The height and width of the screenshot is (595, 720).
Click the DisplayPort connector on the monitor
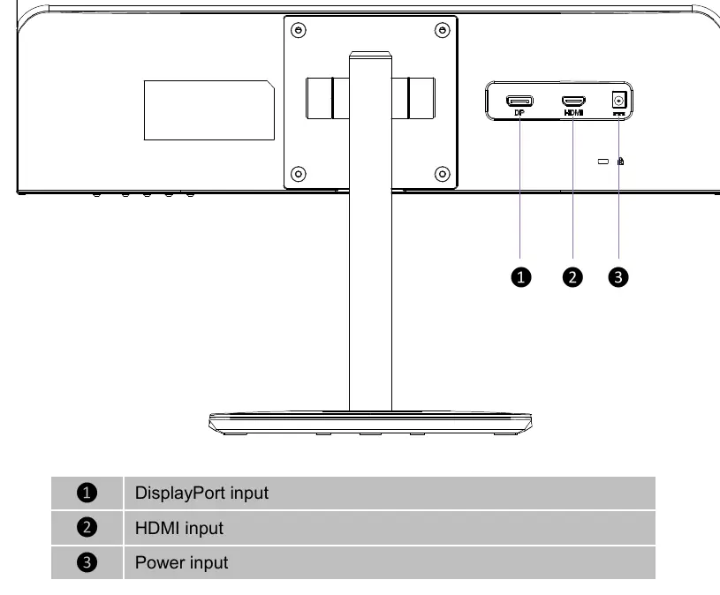coord(519,101)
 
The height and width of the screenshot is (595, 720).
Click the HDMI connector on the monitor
coord(573,101)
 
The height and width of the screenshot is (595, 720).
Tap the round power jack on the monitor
coord(619,100)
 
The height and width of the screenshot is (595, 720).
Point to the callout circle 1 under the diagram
coord(520,277)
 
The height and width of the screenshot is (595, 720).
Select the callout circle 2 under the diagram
coord(572,277)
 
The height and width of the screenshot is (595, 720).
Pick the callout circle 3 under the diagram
coord(618,277)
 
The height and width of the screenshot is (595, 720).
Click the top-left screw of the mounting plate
coord(299,30)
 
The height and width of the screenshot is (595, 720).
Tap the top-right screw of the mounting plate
coord(443,30)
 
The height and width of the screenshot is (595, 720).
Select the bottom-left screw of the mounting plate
coord(299,174)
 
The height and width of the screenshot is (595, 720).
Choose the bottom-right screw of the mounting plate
coord(443,174)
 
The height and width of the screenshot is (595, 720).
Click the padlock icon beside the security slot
coord(621,161)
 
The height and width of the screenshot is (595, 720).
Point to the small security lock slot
coord(603,162)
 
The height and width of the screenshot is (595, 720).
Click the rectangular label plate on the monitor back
coord(209,110)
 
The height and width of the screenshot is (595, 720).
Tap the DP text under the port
coord(519,112)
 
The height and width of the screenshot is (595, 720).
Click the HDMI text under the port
coord(573,112)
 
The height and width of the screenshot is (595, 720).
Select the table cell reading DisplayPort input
coord(390,493)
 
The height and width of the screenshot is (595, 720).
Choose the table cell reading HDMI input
coord(390,528)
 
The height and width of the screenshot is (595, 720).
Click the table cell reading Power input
coord(390,562)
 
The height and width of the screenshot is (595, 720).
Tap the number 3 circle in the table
coord(87,562)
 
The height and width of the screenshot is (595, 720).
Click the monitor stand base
coord(370,423)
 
